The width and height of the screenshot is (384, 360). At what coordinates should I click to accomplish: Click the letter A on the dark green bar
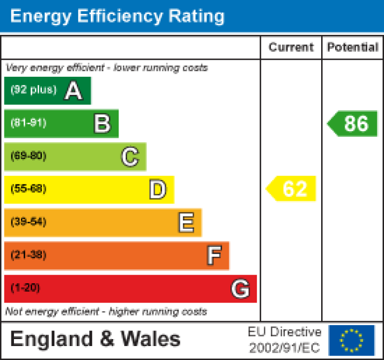[73, 91]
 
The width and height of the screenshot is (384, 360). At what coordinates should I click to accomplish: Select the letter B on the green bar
[102, 123]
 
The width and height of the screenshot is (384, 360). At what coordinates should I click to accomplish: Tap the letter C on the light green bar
[130, 157]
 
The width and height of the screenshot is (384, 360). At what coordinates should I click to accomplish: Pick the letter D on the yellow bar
[158, 189]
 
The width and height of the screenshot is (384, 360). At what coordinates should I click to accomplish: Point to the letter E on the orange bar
[186, 222]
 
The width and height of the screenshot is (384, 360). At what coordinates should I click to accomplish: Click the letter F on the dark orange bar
[214, 255]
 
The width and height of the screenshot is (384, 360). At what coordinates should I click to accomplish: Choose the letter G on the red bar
[240, 289]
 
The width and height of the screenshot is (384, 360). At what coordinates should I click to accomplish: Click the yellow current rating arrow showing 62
[292, 189]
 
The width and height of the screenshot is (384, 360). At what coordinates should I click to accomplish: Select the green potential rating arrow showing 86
[353, 124]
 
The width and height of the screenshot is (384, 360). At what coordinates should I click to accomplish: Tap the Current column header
[291, 47]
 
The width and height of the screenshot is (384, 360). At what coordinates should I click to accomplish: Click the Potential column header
[353, 47]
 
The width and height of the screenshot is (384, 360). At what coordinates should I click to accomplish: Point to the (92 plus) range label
[33, 90]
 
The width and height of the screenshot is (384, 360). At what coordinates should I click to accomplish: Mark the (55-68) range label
[28, 189]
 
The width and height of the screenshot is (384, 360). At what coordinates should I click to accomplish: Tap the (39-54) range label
[28, 222]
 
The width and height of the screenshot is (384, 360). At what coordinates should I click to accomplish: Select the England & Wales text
[95, 340]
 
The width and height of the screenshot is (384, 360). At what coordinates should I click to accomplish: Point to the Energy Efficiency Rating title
[117, 16]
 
